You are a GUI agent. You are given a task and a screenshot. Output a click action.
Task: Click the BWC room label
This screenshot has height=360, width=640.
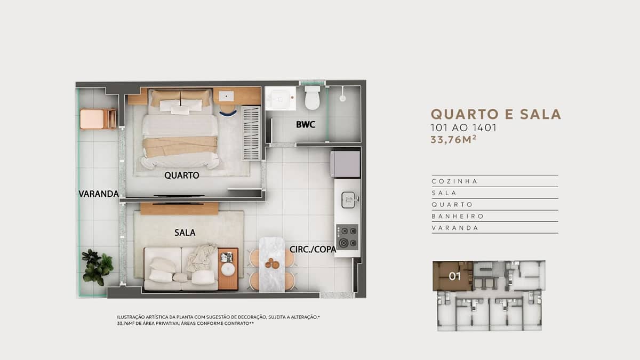pyautogui.click(x=306, y=125)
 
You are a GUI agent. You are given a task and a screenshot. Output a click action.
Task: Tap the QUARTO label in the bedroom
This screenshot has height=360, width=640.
pyautogui.click(x=182, y=175)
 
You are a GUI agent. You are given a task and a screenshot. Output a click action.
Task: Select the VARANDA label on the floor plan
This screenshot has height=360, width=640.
pyautogui.click(x=99, y=194)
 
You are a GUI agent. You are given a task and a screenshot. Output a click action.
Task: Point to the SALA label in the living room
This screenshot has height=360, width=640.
pyautogui.click(x=185, y=233)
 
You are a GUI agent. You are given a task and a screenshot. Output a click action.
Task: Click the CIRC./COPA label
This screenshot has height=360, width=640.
pyautogui.click(x=313, y=250)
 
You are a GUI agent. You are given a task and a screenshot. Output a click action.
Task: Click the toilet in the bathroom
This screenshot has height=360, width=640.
pyautogui.click(x=312, y=98)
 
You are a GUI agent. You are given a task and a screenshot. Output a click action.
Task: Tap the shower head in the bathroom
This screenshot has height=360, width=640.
pyautogui.click(x=342, y=99)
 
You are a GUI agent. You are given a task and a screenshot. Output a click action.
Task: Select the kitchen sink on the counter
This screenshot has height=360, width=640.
pyautogui.click(x=349, y=200)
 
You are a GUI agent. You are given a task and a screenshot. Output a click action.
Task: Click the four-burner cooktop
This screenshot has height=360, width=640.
pyautogui.click(x=347, y=237)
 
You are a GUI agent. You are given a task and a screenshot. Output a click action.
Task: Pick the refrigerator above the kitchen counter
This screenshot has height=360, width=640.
pyautogui.click(x=345, y=164)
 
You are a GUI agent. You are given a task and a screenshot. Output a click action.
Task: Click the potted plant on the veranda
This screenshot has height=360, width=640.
pyautogui.click(x=97, y=267)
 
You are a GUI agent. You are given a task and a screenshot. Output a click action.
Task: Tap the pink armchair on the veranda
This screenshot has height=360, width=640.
pyautogui.click(x=98, y=119)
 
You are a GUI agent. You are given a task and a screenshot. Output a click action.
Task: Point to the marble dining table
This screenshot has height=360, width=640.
pyautogui.click(x=272, y=265)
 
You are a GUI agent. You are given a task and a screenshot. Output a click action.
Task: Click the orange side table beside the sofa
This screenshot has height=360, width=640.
pyautogui.click(x=228, y=269)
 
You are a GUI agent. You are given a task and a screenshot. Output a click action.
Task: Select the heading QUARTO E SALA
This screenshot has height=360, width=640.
pyautogui.click(x=495, y=114)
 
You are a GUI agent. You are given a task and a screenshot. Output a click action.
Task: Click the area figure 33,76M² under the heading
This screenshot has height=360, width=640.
pyautogui.click(x=453, y=140)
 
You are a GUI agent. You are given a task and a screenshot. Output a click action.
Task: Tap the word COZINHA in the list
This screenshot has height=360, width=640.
pyautogui.click(x=454, y=181)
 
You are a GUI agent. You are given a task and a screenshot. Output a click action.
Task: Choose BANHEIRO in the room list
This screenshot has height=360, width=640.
pyautogui.click(x=458, y=217)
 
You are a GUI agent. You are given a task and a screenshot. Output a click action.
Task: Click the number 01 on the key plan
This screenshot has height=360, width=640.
pyautogui.click(x=454, y=276)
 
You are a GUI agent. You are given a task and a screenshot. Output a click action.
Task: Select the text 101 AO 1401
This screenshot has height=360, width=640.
pyautogui.click(x=463, y=127)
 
